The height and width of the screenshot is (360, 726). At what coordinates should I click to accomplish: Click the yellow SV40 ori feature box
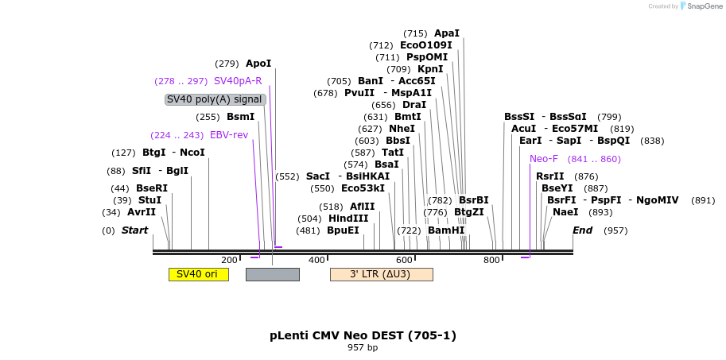(198, 274)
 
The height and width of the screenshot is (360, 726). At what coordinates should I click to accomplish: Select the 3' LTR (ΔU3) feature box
(381, 274)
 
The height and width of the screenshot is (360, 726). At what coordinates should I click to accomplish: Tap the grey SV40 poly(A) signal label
(215, 99)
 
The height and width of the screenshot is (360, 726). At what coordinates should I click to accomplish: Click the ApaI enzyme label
(446, 33)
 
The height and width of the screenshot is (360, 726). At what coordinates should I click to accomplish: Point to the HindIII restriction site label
(348, 219)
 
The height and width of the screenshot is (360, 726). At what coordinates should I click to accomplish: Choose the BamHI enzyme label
(445, 230)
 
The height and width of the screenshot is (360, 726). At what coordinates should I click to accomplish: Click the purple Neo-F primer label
(544, 159)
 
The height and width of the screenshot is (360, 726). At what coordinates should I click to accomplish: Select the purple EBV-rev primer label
(229, 135)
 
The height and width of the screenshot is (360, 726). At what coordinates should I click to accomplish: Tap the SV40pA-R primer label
(238, 81)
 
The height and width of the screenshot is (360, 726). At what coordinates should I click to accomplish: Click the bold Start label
(134, 230)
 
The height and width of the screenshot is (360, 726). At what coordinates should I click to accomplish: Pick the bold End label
(583, 230)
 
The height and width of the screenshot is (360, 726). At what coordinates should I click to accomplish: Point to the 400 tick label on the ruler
(316, 260)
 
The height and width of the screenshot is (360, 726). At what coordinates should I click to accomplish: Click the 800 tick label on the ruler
(491, 260)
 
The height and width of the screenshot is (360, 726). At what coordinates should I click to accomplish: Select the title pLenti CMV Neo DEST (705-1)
(363, 335)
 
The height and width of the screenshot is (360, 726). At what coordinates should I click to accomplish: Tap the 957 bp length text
(363, 348)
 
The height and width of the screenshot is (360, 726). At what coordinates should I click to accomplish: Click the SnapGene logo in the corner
(699, 6)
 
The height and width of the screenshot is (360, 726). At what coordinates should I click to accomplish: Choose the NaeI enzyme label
(565, 212)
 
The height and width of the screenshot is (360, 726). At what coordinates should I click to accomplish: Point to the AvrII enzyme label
(142, 212)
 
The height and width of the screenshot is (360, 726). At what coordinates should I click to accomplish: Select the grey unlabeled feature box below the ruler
(273, 274)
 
